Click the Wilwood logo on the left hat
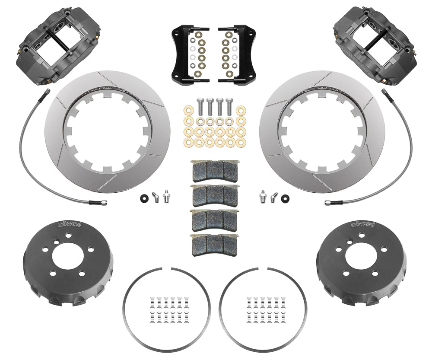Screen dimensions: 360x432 72,224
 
